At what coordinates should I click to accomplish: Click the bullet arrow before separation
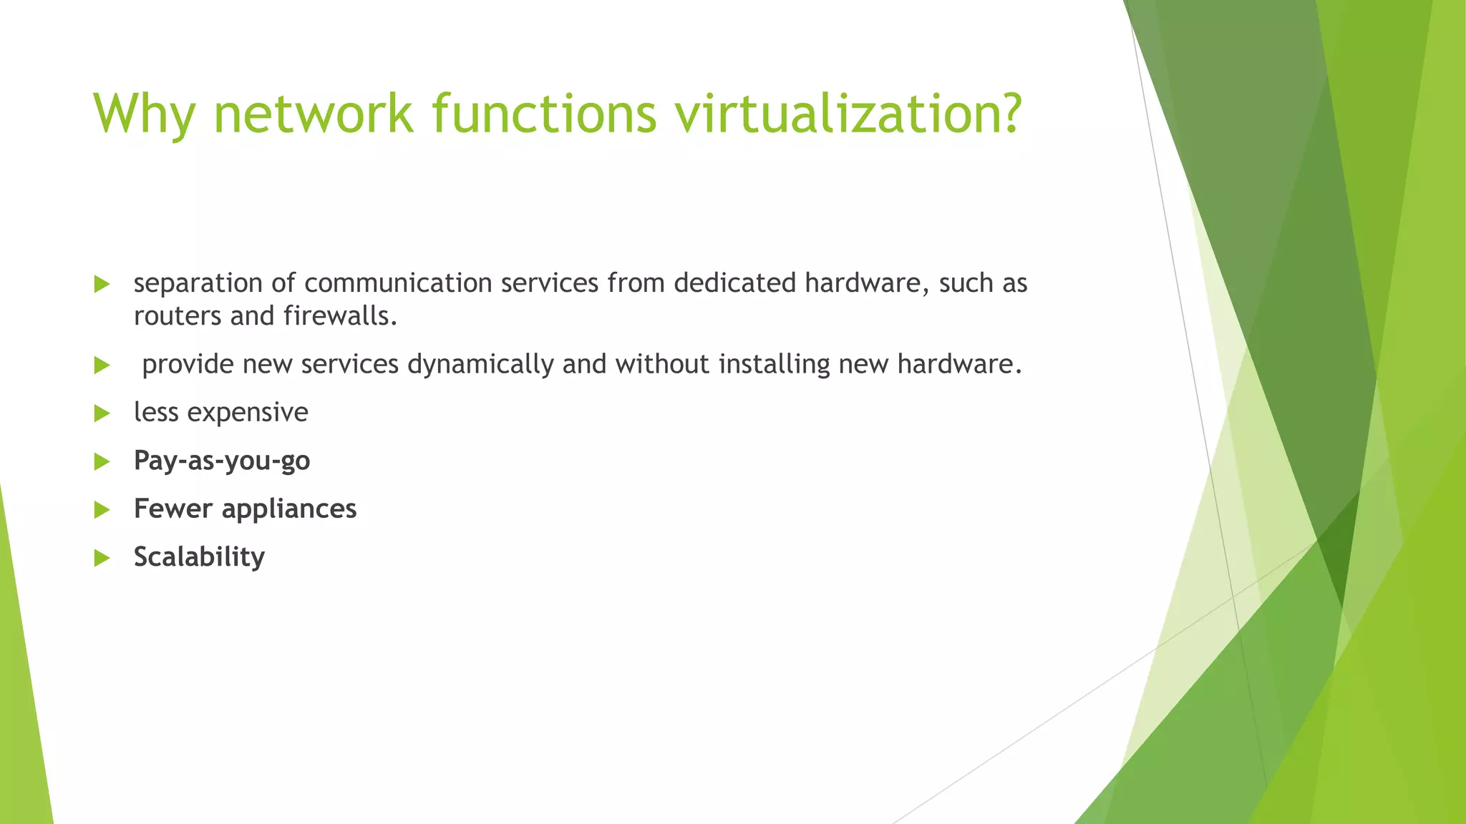pos(102,285)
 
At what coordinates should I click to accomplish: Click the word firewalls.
pos(340,316)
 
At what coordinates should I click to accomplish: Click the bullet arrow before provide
pos(102,366)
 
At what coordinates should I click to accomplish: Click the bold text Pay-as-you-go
pos(222,461)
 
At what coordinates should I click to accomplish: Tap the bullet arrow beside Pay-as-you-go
pos(102,462)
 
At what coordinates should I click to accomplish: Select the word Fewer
pos(173,509)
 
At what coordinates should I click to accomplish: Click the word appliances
pos(288,509)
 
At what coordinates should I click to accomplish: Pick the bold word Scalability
pos(199,556)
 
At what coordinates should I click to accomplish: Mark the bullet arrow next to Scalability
pos(102,558)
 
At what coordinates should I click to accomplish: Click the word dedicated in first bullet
pos(734,284)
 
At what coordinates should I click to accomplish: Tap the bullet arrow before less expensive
pos(102,413)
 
